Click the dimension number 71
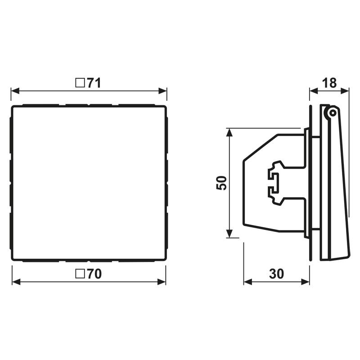94,83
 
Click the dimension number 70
94,274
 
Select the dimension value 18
329,83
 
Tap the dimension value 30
276,274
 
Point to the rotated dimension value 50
221,183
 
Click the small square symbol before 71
80,83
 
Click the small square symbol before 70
80,274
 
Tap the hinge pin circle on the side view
332,113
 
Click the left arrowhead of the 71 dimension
15,91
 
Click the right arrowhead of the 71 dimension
162,91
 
